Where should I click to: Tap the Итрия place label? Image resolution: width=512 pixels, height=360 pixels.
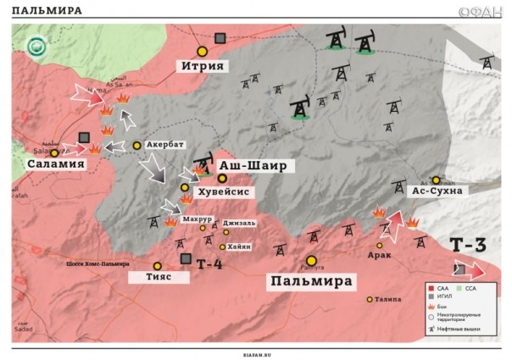(x=203, y=66)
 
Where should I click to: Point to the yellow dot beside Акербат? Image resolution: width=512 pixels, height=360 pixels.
(x=137, y=145)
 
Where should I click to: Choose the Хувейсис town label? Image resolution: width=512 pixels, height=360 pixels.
(x=222, y=191)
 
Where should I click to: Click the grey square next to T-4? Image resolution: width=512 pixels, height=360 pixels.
(x=186, y=259)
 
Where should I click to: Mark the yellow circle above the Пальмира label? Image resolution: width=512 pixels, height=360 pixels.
(x=311, y=261)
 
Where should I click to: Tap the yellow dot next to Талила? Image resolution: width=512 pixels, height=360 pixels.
(x=370, y=299)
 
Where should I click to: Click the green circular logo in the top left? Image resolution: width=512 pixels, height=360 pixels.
(x=36, y=47)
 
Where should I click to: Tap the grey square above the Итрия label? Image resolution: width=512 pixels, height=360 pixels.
(x=220, y=38)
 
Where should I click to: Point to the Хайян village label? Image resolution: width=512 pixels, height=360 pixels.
(x=239, y=246)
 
